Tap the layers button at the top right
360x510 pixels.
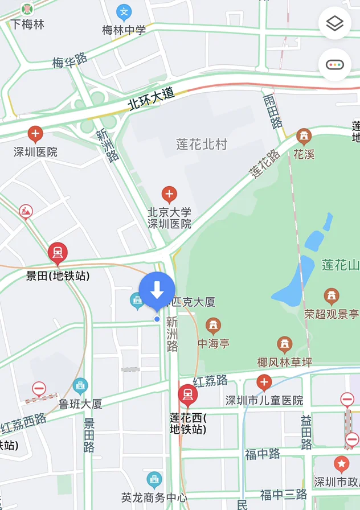[x=335, y=23]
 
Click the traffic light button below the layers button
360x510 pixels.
[x=335, y=64]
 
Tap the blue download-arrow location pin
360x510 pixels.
[x=157, y=290]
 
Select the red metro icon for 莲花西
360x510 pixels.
[x=187, y=394]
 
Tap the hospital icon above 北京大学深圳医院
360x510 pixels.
[x=169, y=195]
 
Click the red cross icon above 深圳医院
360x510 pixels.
[x=35, y=135]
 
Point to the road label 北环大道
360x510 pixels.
[x=151, y=100]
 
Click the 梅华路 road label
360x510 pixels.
[x=70, y=60]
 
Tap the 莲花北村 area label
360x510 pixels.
[x=202, y=145]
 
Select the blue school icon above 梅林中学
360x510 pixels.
[x=124, y=12]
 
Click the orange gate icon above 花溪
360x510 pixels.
[x=304, y=137]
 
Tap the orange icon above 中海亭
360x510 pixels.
[x=213, y=326]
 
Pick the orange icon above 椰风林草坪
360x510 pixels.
[x=285, y=344]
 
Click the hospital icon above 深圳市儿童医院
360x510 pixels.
[x=264, y=382]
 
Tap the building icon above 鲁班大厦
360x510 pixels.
[x=80, y=386]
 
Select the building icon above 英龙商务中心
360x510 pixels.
[x=154, y=479]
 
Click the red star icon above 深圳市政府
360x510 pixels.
[x=341, y=464]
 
